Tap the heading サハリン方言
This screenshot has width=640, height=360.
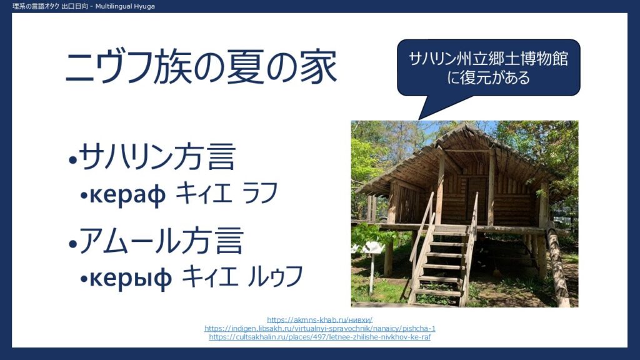click(x=157, y=156)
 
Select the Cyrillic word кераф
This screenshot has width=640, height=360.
click(x=127, y=195)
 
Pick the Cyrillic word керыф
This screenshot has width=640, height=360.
click(x=131, y=278)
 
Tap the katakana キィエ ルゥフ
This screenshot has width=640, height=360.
click(x=242, y=276)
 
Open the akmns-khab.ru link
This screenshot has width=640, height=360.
click(x=319, y=320)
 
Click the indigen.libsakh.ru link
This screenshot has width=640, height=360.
click(x=319, y=329)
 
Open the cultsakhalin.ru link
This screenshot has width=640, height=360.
click(x=319, y=337)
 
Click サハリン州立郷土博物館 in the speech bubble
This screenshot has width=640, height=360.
click(x=488, y=59)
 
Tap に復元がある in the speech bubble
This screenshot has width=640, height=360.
click(x=488, y=77)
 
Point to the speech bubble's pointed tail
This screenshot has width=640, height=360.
click(x=419, y=119)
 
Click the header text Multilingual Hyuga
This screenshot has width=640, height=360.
click(x=125, y=6)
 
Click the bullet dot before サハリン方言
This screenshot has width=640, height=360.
click(x=73, y=160)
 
